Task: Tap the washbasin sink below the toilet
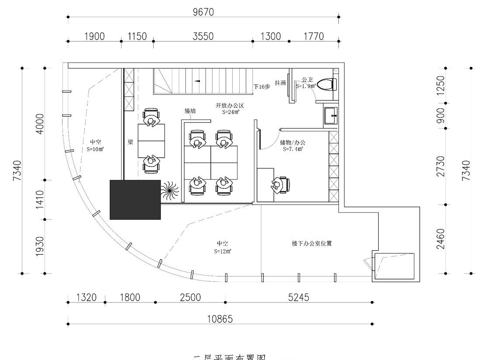click(330, 116)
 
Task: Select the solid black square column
click(135, 199)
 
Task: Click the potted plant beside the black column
click(169, 191)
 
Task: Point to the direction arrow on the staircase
click(197, 81)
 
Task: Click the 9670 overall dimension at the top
click(203, 12)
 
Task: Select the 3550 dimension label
click(203, 36)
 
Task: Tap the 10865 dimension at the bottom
click(220, 319)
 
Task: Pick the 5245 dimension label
click(298, 298)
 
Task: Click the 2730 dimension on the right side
click(441, 166)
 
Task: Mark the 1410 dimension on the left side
click(39, 199)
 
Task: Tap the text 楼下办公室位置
click(312, 244)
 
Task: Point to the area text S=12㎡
click(223, 251)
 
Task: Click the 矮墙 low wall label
click(190, 111)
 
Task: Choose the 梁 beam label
click(130, 142)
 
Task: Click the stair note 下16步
click(262, 87)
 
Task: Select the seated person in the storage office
click(279, 185)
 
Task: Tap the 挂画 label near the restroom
click(280, 83)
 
